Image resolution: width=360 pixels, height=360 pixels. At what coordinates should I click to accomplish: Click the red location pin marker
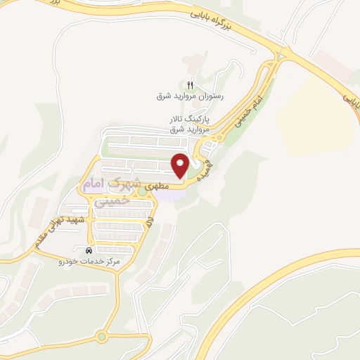[x=180, y=166]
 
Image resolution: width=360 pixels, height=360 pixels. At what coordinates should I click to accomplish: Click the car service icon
[x=88, y=250]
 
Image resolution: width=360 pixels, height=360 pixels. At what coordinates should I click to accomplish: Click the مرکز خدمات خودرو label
[x=89, y=260]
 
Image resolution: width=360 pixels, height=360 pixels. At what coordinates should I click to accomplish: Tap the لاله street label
[x=150, y=225]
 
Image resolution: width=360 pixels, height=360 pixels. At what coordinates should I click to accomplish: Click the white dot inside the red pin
[x=180, y=162]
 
